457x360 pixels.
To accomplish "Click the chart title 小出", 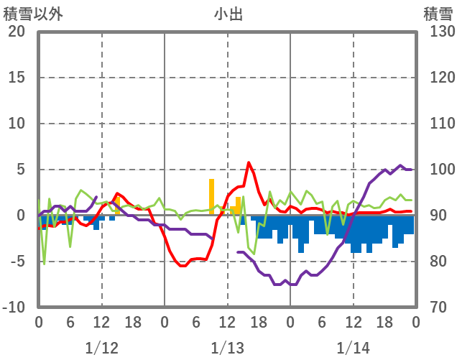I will [228, 14].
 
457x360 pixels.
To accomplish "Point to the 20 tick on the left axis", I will [17, 32].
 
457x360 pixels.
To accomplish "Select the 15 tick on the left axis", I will [17, 78].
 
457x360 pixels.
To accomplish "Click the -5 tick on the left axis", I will [17, 262].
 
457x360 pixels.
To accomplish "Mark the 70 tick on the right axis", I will [437, 308].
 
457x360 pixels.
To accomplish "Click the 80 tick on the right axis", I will [437, 262].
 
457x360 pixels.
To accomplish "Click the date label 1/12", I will [101, 348].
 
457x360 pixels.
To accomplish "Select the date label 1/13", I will [227, 348].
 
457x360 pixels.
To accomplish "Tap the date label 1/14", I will [353, 348].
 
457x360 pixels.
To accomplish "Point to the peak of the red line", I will [249, 162].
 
